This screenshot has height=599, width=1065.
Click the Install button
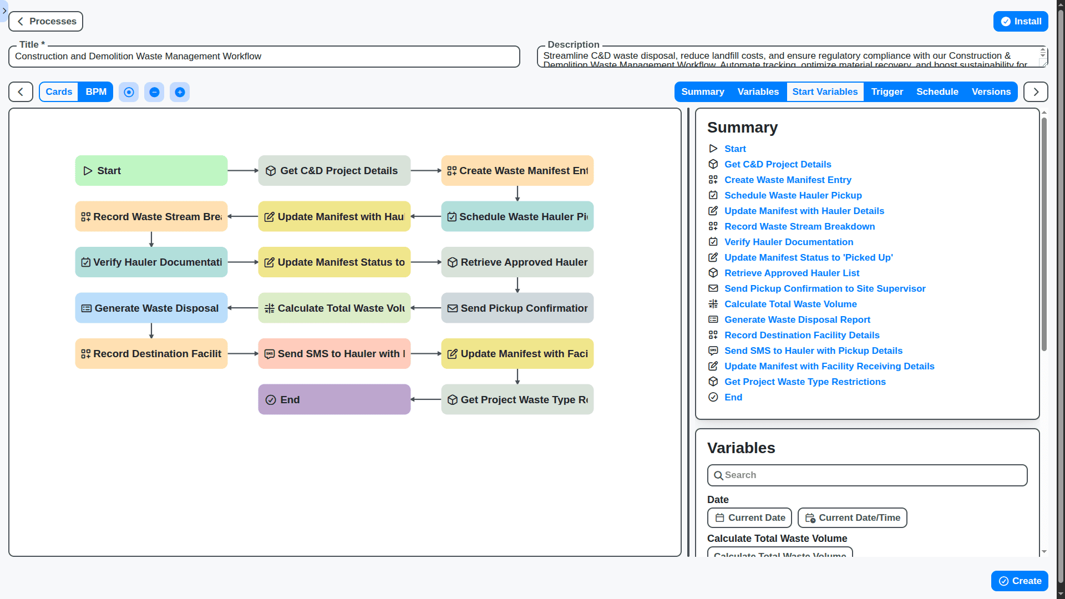pos(1020,22)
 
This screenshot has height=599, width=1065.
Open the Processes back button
pos(46,22)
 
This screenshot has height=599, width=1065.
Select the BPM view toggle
pos(96,92)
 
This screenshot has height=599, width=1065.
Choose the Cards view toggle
pos(59,92)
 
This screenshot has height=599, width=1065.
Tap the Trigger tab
pos(887,92)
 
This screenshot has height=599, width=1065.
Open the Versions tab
pos(991,92)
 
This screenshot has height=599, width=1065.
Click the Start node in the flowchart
pos(151,171)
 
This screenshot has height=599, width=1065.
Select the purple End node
pos(334,400)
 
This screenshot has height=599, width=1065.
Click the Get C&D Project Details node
pos(334,171)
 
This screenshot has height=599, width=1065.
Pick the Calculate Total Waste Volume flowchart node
pos(334,308)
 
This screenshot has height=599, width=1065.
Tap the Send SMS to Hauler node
pos(334,354)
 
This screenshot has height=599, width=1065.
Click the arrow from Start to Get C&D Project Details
pos(243,171)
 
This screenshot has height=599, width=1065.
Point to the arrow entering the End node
pos(426,400)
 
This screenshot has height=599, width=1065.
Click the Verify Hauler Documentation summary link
pos(788,242)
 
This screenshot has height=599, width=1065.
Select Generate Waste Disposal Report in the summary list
pos(797,319)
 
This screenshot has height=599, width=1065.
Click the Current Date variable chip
pos(749,518)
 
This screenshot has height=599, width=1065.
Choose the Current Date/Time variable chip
pos(852,518)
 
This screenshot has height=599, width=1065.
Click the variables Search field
pos(867,475)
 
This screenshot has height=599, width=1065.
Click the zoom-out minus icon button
pos(154,92)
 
